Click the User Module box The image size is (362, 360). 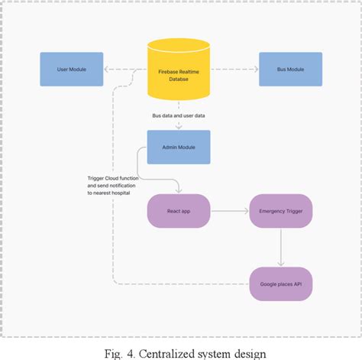point(71,70)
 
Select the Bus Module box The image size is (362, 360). point(290,70)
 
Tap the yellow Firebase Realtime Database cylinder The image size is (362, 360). point(178,73)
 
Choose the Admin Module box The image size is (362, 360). point(178,148)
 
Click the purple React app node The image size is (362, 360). point(178,209)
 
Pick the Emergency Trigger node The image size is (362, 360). point(280,209)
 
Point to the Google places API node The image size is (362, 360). point(280,284)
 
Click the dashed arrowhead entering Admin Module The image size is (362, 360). point(178,125)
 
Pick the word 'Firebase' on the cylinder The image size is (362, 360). point(166,69)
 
